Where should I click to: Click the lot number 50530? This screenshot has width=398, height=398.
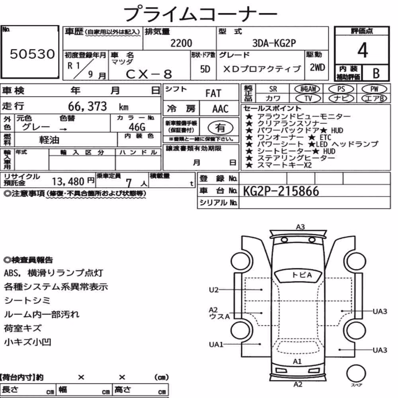[x=32, y=54]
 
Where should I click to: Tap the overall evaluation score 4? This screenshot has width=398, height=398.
[x=363, y=50]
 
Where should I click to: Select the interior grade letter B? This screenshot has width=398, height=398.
[x=376, y=73]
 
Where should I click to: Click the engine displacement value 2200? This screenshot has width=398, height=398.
[x=181, y=43]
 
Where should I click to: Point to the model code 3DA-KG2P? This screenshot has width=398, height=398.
[x=274, y=43]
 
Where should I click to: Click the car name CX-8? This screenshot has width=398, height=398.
[x=149, y=74]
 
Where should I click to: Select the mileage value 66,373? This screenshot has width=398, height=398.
[x=88, y=106]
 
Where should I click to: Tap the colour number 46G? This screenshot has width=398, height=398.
[x=137, y=127]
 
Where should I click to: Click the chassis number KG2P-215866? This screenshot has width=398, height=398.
[x=281, y=191]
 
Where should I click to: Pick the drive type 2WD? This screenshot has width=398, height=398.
[x=317, y=68]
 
